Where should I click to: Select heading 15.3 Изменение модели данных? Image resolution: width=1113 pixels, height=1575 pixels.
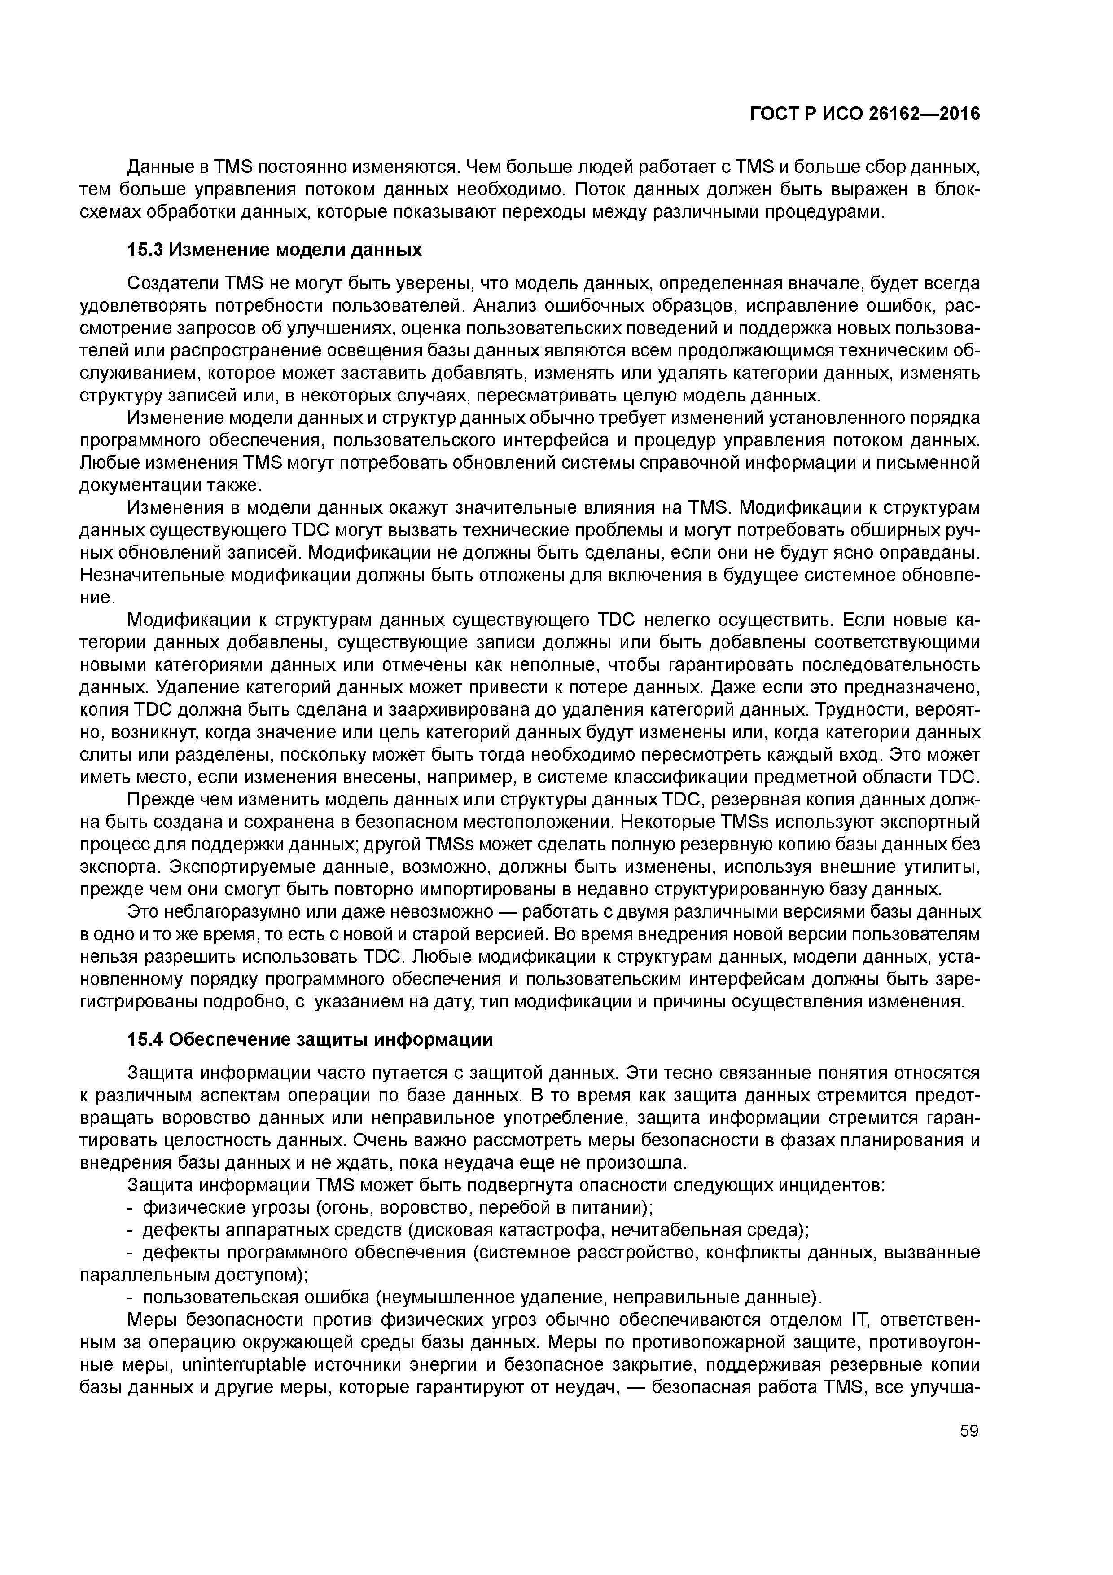coord(274,250)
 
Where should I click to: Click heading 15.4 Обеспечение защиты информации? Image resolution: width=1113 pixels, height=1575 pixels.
coord(310,1039)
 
